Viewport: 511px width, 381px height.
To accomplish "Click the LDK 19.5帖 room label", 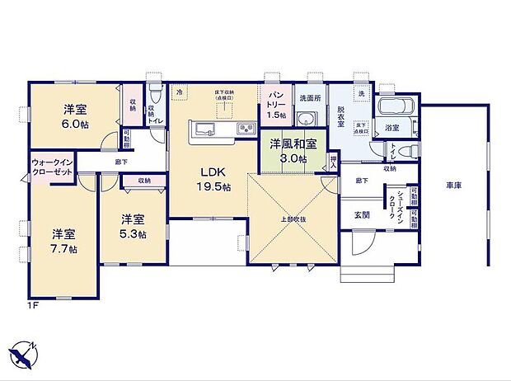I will (212, 180).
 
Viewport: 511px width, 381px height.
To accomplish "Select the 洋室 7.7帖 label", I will (62, 240).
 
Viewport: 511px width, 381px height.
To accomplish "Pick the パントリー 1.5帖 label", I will (276, 106).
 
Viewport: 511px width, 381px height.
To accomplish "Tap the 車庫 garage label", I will (453, 186).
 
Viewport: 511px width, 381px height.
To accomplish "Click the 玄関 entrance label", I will (362, 214).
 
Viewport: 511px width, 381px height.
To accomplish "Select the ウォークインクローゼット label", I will (51, 166).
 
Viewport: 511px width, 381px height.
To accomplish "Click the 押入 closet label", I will (333, 161).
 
